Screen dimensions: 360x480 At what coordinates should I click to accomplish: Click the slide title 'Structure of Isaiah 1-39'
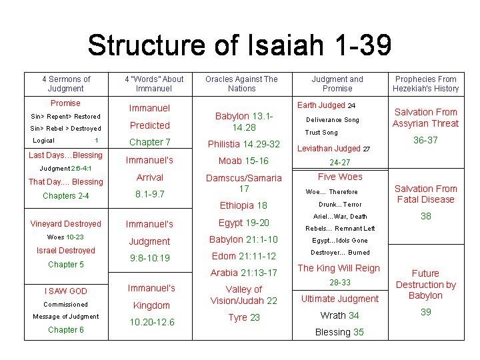(x=239, y=45)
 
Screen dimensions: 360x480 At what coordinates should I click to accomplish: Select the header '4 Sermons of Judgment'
(x=66, y=83)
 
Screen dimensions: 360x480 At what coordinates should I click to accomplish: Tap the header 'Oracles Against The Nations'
(x=241, y=83)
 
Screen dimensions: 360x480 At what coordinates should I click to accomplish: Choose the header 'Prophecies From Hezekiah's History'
(x=425, y=83)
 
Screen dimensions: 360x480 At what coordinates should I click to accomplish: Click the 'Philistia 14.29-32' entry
(x=244, y=144)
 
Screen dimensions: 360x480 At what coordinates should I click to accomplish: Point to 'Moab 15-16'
(x=244, y=161)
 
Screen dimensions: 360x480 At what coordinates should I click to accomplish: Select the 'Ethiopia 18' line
(x=243, y=205)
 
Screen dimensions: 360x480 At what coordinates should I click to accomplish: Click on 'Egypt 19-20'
(x=244, y=223)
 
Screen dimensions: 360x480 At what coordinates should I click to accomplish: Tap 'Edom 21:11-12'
(x=243, y=256)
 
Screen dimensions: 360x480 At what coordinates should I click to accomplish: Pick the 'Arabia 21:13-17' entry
(x=243, y=273)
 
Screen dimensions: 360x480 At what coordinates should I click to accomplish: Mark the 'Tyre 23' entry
(x=244, y=317)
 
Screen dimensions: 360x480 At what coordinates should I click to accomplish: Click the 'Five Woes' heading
(x=340, y=177)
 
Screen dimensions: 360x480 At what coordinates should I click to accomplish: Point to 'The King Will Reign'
(x=339, y=268)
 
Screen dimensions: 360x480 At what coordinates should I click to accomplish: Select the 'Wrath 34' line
(x=339, y=315)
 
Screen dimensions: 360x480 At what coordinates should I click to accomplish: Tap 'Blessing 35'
(x=340, y=332)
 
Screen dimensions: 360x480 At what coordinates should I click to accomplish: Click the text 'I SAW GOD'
(x=65, y=291)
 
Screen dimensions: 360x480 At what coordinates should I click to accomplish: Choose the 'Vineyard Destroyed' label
(x=65, y=224)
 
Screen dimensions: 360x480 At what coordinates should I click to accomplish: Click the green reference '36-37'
(x=425, y=141)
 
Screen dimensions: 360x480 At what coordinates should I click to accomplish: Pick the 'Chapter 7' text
(x=150, y=142)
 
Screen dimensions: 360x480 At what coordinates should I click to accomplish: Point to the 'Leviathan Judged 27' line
(x=333, y=149)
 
